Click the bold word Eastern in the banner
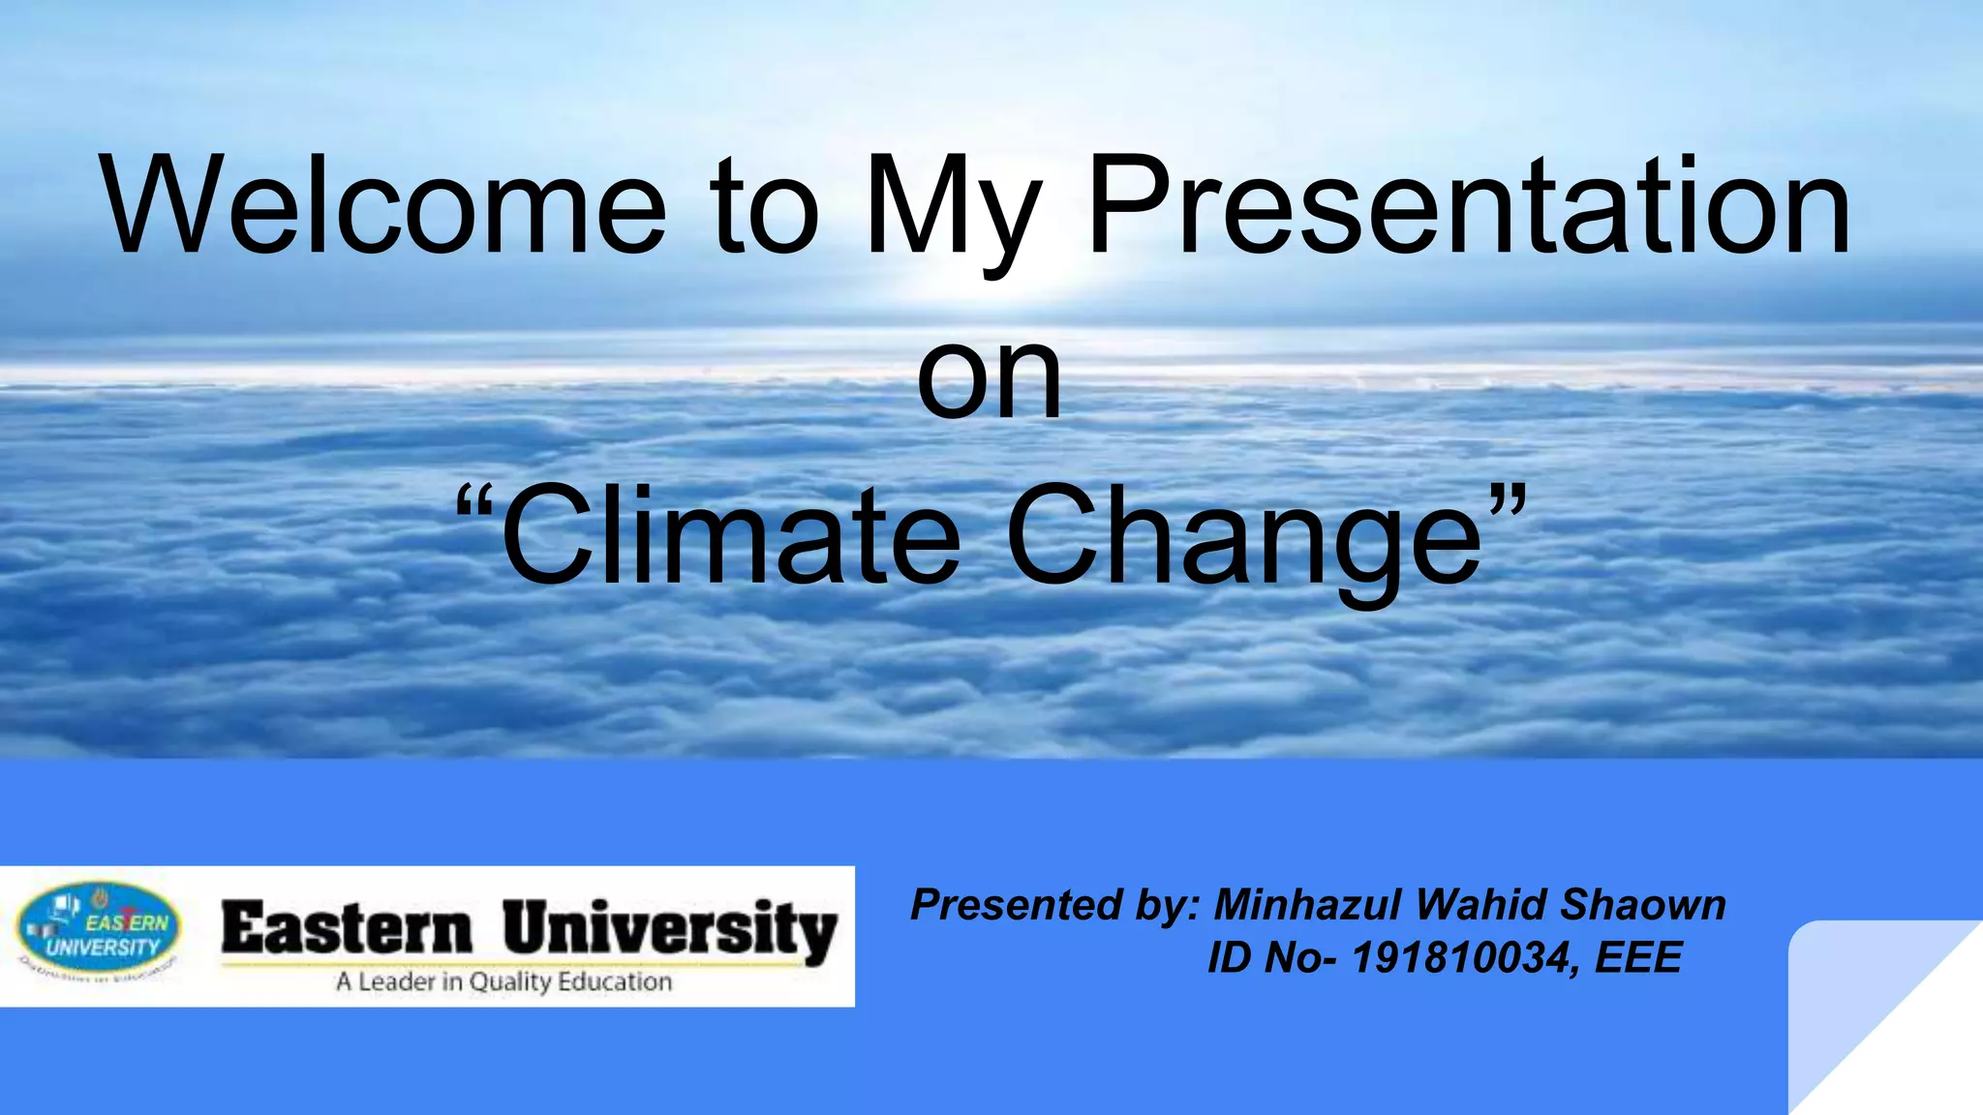[x=347, y=929]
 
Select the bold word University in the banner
[x=669, y=931]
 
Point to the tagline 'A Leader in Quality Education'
[x=503, y=981]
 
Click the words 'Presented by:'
[x=1054, y=905]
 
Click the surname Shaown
[x=1643, y=905]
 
